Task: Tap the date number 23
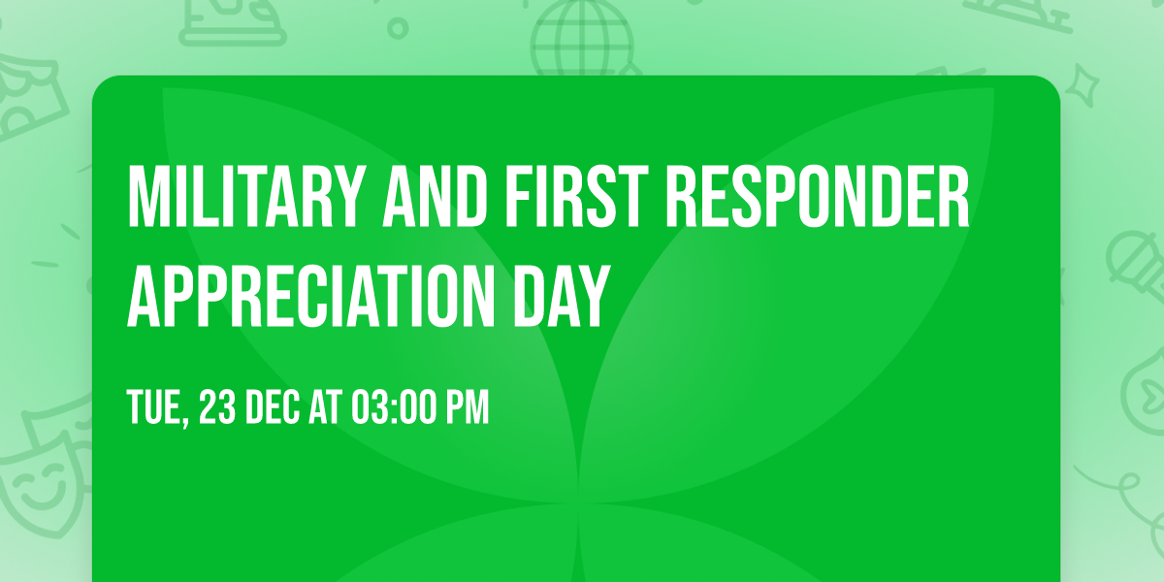pyautogui.click(x=217, y=408)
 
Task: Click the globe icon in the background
pyautogui.click(x=580, y=39)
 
